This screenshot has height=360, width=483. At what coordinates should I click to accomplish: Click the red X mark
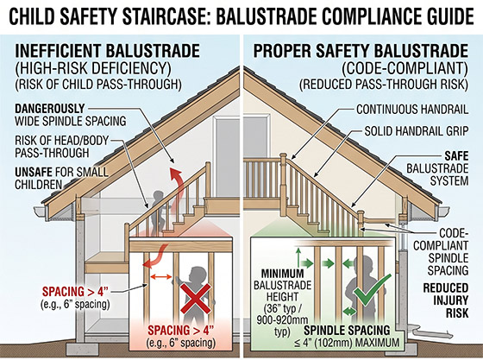pyautogui.click(x=195, y=299)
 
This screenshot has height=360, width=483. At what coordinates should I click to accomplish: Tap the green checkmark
pyautogui.click(x=371, y=290)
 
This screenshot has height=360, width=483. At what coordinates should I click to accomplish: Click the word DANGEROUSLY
pyautogui.click(x=50, y=109)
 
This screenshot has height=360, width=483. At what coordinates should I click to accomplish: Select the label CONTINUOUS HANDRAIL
pyautogui.click(x=412, y=110)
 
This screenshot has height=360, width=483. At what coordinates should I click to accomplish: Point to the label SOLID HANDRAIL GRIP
pyautogui.click(x=417, y=131)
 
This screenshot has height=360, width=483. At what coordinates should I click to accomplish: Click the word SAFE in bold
pyautogui.click(x=456, y=156)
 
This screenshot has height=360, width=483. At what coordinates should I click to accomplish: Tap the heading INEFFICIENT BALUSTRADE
pyautogui.click(x=107, y=51)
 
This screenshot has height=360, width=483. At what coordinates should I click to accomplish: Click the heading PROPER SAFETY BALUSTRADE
pyautogui.click(x=361, y=51)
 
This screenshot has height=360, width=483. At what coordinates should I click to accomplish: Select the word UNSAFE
pyautogui.click(x=33, y=172)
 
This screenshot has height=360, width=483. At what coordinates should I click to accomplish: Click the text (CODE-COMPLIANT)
pyautogui.click(x=405, y=68)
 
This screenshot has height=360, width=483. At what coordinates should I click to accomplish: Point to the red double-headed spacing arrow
pyautogui.click(x=161, y=277)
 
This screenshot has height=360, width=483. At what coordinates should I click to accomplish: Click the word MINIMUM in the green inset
pyautogui.click(x=283, y=274)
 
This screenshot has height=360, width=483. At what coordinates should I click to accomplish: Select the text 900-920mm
pyautogui.click(x=283, y=320)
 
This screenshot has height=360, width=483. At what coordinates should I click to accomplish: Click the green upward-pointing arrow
pyautogui.click(x=298, y=256)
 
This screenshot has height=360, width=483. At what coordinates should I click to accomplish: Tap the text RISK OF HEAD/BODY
pyautogui.click(x=61, y=141)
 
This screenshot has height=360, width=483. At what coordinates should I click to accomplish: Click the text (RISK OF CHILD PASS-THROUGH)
pyautogui.click(x=98, y=84)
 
